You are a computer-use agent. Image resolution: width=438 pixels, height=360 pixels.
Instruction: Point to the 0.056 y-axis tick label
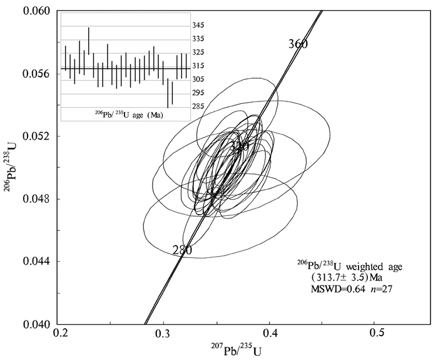(x=36, y=73)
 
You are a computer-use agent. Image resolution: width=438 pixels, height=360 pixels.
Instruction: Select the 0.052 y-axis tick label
(x=36, y=136)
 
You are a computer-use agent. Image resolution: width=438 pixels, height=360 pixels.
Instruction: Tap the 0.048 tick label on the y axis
(x=36, y=199)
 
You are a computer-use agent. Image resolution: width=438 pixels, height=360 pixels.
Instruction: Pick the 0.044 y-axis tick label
(x=36, y=262)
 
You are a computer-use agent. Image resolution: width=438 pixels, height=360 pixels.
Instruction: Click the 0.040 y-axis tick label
(x=36, y=324)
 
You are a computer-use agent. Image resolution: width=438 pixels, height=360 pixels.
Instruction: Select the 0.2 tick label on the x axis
(x=61, y=336)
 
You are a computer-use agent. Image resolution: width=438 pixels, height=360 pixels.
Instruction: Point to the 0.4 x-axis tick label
(x=270, y=336)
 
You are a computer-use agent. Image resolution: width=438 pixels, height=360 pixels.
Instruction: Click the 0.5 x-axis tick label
(x=375, y=336)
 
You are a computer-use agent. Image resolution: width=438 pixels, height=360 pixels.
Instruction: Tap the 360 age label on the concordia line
(x=298, y=44)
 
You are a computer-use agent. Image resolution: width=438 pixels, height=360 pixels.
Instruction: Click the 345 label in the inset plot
(x=198, y=26)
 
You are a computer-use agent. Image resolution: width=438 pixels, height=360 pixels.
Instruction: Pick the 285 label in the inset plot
(x=198, y=106)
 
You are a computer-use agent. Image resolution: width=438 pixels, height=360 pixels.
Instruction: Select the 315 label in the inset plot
(x=198, y=66)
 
